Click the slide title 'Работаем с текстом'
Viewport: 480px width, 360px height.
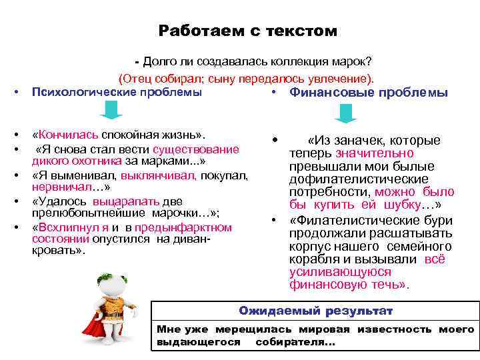click(x=248, y=31)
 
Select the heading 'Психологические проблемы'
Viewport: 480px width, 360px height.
click(x=117, y=91)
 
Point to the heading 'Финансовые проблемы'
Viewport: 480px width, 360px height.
click(x=368, y=93)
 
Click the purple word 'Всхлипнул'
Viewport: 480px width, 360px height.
click(x=62, y=227)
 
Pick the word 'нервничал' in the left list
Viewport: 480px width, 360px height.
click(x=57, y=187)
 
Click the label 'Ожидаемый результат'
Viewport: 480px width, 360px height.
click(x=316, y=311)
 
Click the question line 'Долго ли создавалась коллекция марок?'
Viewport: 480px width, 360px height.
click(x=257, y=61)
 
